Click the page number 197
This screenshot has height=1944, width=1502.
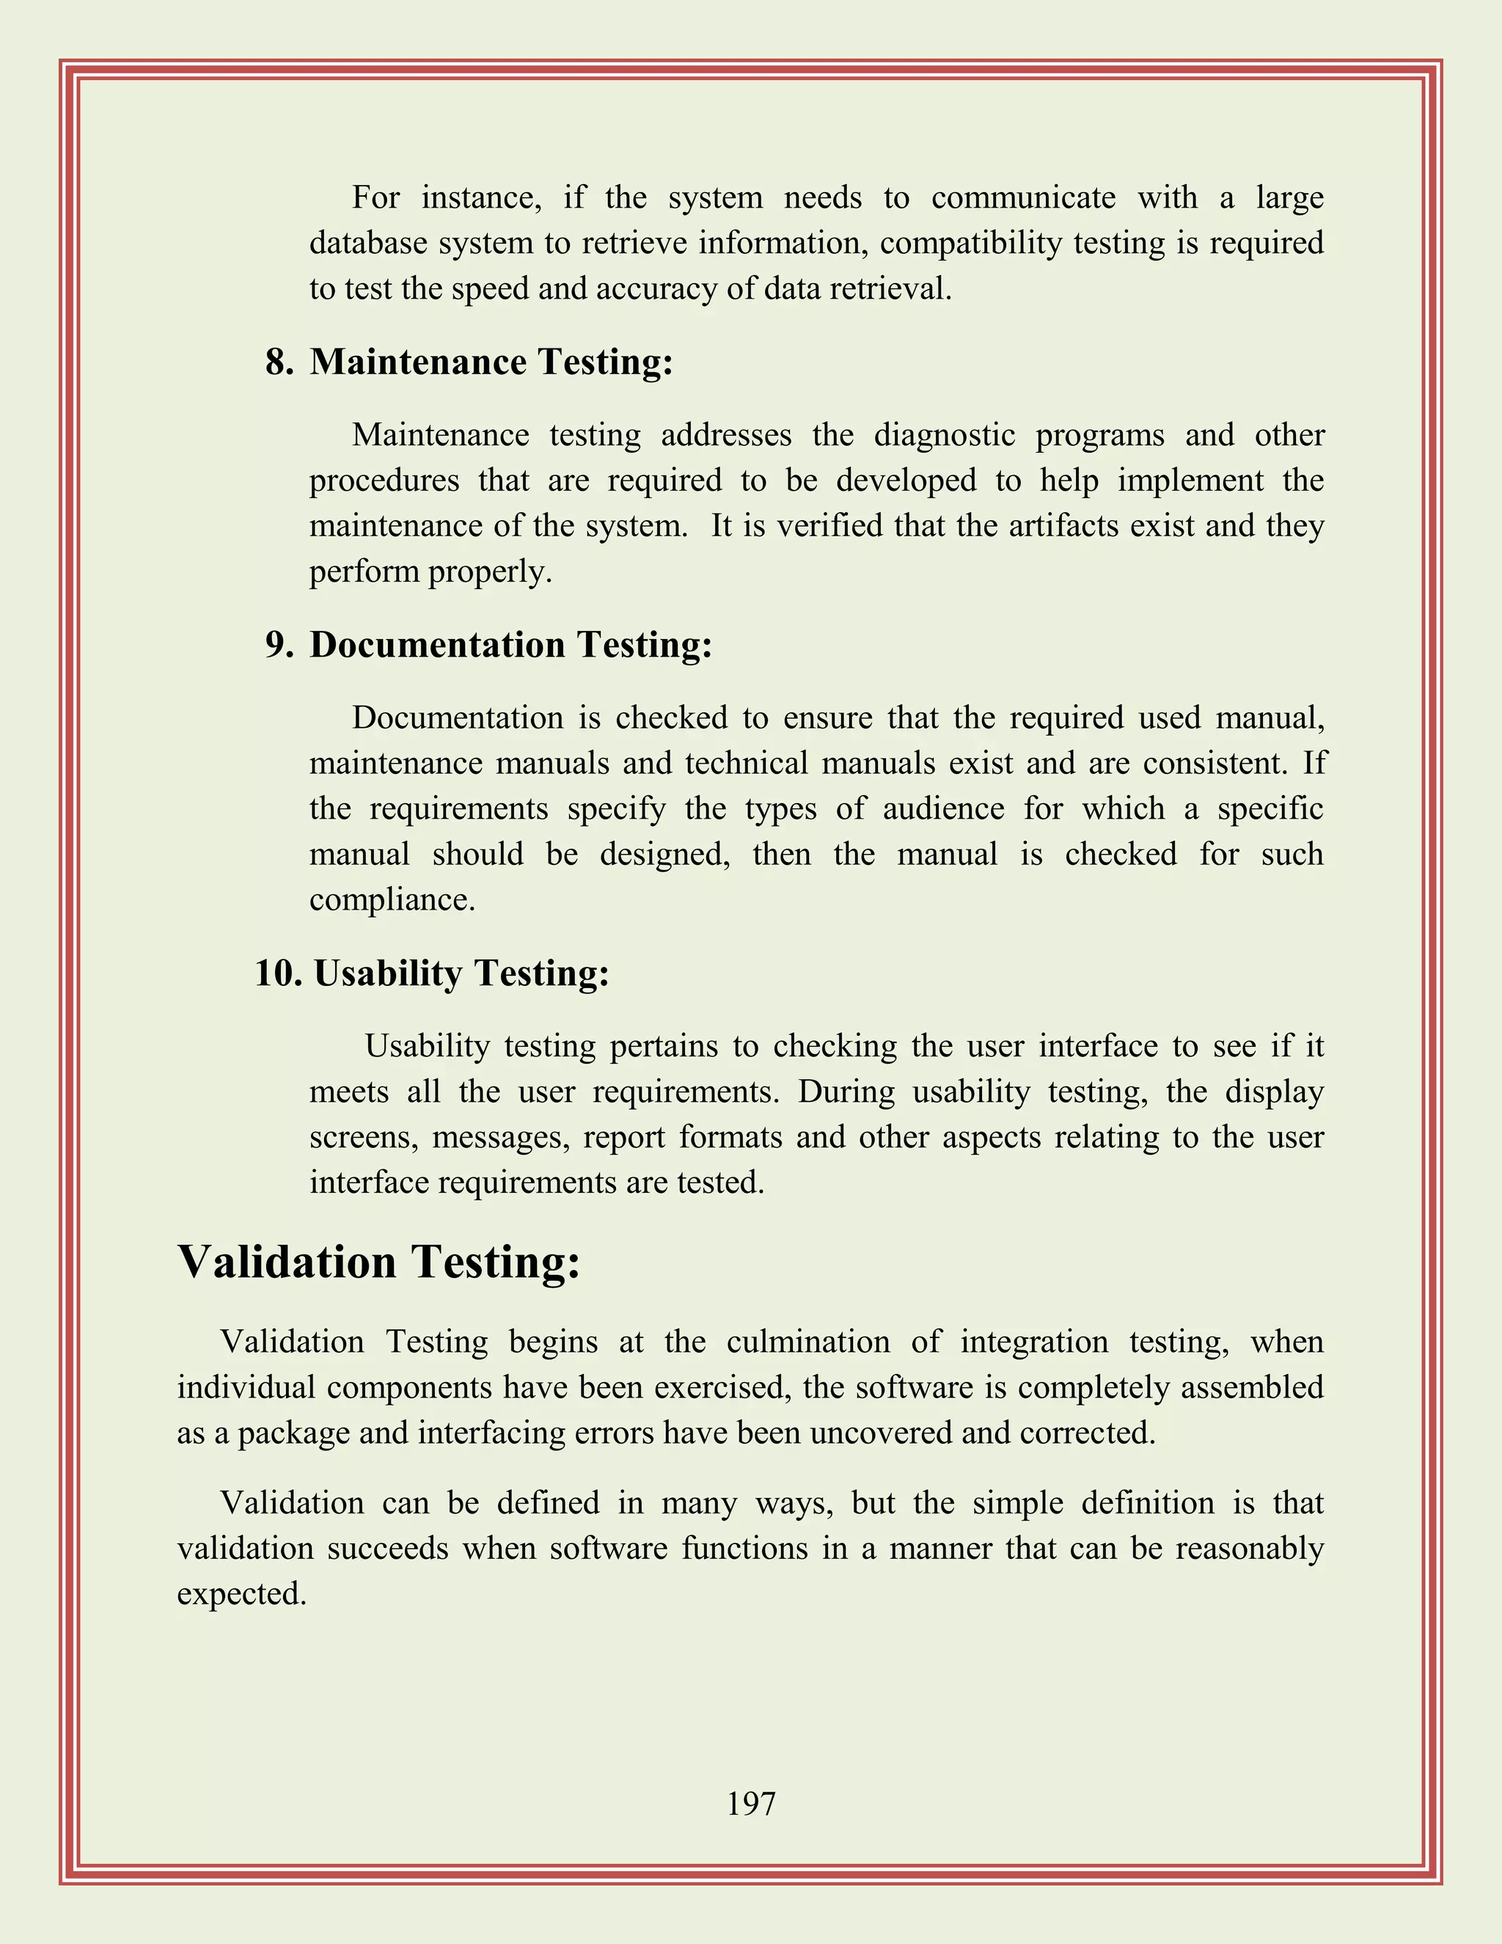tap(751, 1803)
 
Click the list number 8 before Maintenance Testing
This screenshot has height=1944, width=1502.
tap(279, 362)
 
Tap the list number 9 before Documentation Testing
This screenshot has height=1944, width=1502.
tap(279, 644)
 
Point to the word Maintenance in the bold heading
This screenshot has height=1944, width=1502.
tap(418, 362)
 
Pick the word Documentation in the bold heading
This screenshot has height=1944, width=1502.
tap(437, 644)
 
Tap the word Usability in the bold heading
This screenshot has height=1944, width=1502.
tap(387, 973)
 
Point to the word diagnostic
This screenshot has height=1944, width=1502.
tap(944, 435)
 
